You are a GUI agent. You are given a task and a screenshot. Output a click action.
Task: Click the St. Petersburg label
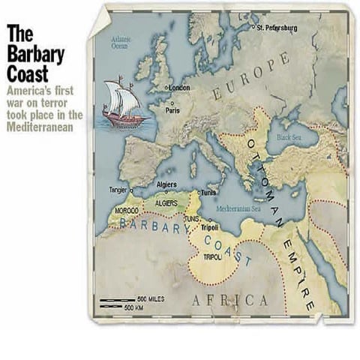277,28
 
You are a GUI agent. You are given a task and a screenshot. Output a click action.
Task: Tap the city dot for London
166,88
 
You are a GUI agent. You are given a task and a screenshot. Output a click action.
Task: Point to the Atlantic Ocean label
120,42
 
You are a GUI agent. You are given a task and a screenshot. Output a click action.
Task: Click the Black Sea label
287,138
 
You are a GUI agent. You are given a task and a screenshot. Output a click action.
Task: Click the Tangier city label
118,190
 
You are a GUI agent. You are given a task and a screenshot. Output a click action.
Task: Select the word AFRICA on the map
230,301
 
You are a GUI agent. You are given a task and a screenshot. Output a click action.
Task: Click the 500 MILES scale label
150,298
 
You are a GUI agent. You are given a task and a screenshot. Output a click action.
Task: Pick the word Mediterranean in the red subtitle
40,127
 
